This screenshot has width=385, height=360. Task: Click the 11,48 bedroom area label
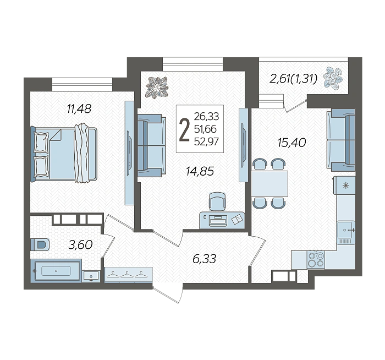pos(79,108)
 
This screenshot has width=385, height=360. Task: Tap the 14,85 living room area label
pos(200,171)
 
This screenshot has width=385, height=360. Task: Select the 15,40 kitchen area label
pos(291,142)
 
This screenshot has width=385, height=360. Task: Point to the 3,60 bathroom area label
pos(80,245)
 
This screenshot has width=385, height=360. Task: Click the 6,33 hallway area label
pos(204,259)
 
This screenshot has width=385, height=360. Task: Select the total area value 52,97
pos(206,141)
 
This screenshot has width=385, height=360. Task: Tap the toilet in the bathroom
pos(40,245)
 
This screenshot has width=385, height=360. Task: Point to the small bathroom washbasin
pos(91,276)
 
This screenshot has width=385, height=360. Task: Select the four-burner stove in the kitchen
pos(316,259)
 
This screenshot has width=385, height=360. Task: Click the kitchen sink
pos(346,230)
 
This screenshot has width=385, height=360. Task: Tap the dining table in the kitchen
pos(269,184)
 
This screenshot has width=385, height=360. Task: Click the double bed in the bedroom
pos(64,154)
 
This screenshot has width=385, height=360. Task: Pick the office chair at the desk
pos(217,201)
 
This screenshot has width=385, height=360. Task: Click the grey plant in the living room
pos(157,87)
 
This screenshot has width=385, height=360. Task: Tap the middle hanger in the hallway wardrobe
pos(127,274)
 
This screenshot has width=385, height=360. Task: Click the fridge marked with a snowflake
pos(344,186)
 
